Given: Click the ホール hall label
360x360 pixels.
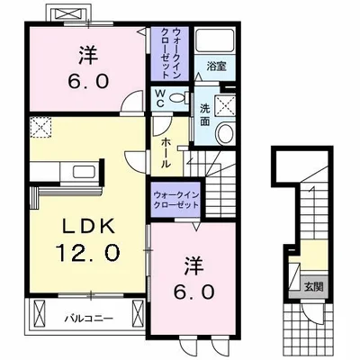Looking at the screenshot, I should [x=166, y=154].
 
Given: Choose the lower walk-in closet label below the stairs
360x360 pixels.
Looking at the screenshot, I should [x=176, y=199].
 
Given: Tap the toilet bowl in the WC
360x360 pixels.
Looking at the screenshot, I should [x=176, y=95].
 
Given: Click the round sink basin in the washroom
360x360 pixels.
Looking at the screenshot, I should [x=224, y=133].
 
